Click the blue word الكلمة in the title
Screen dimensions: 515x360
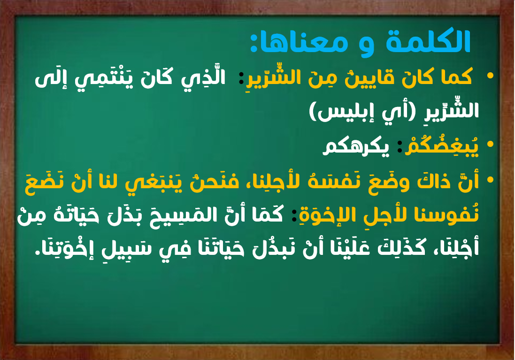tap(429, 41)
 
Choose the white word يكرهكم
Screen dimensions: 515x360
tap(356, 146)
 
